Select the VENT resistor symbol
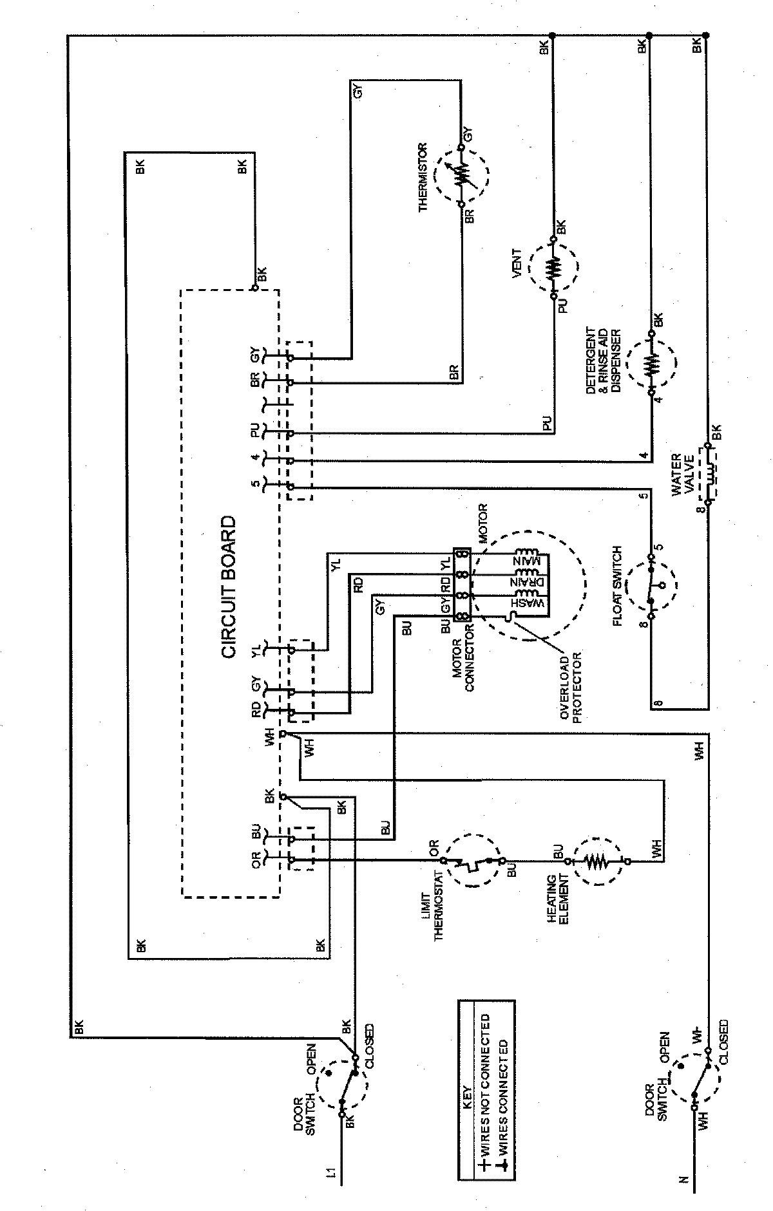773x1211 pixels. pos(553,268)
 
